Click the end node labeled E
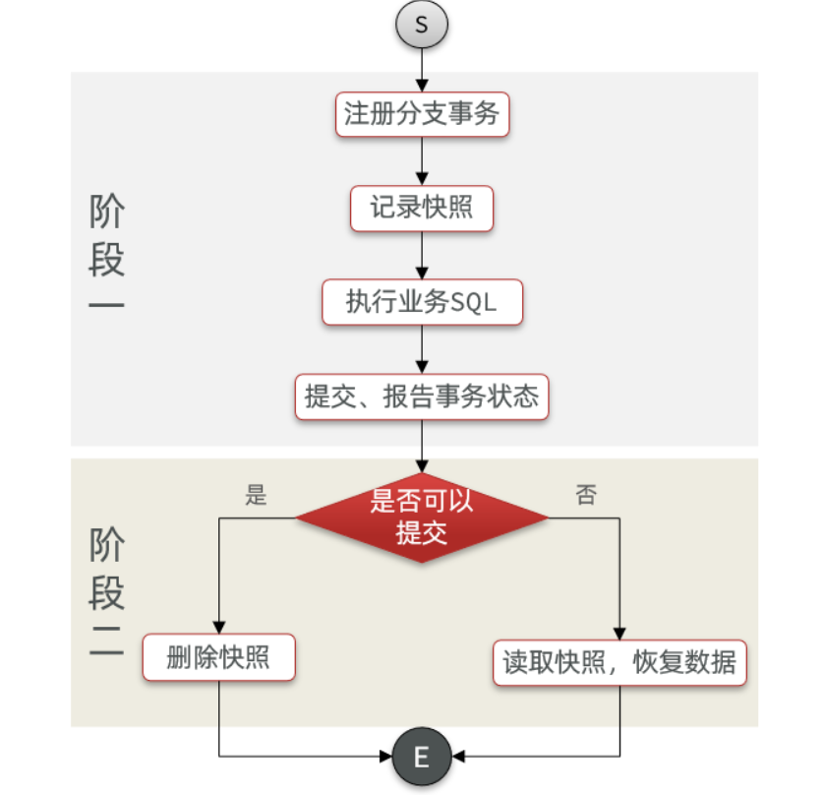click(x=422, y=757)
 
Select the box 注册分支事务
click(x=422, y=114)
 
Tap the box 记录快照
click(x=422, y=208)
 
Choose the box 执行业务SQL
click(x=422, y=302)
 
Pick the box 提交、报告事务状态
click(x=422, y=397)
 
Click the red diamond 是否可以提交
click(x=422, y=517)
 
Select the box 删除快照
click(x=218, y=658)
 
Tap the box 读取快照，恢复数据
click(x=619, y=661)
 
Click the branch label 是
click(x=256, y=495)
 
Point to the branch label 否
click(x=586, y=495)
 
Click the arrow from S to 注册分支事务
click(x=422, y=68)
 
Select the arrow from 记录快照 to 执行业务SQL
click(x=422, y=255)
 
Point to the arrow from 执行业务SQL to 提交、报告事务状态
click(x=422, y=349)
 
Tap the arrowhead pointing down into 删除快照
click(x=218, y=627)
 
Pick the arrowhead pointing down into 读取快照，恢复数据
click(x=619, y=630)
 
